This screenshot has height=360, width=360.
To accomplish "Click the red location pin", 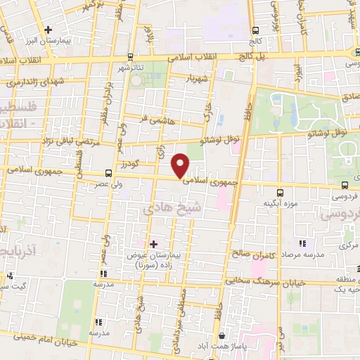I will (181, 165).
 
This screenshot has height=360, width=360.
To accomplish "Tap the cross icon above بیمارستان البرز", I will (48, 30).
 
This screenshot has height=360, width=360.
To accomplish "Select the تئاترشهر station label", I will (130, 67).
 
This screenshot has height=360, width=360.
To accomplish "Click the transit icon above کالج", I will (255, 30).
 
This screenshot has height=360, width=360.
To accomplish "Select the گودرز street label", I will (142, 164).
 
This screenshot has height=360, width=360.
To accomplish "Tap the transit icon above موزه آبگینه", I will (280, 192).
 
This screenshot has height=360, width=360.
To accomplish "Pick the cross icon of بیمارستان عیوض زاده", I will (154, 243).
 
